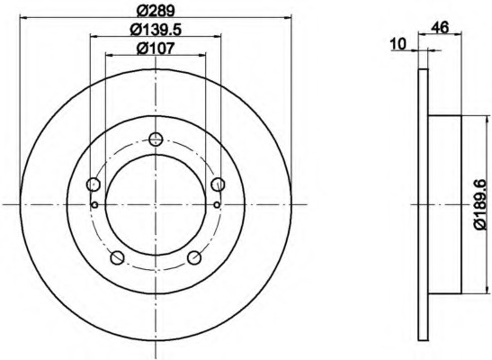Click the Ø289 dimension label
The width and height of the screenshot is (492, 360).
156,11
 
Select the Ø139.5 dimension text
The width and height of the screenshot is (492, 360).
156,30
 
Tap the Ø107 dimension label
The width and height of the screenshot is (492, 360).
156,49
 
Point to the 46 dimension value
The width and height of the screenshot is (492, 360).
440,28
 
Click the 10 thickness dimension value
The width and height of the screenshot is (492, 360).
398,44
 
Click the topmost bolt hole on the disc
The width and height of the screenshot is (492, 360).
156,139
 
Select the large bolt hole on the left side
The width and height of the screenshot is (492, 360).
94,184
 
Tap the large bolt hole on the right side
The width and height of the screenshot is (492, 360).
218,184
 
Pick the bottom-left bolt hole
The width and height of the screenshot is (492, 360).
118,257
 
